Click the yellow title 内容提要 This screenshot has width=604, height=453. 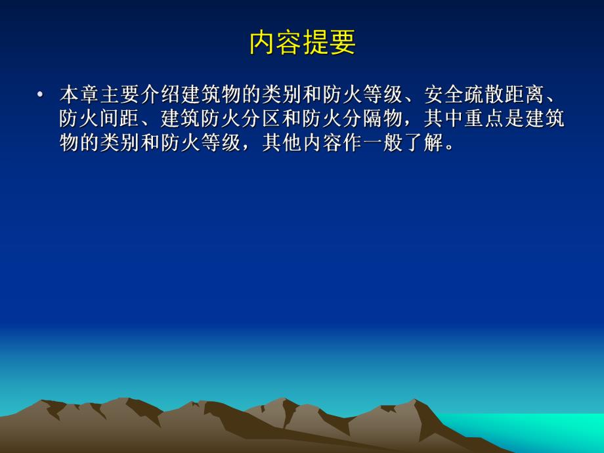(302, 43)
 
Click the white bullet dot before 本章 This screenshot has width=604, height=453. (41, 95)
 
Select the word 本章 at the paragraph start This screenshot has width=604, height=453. (79, 95)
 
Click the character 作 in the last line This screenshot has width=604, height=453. (353, 142)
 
